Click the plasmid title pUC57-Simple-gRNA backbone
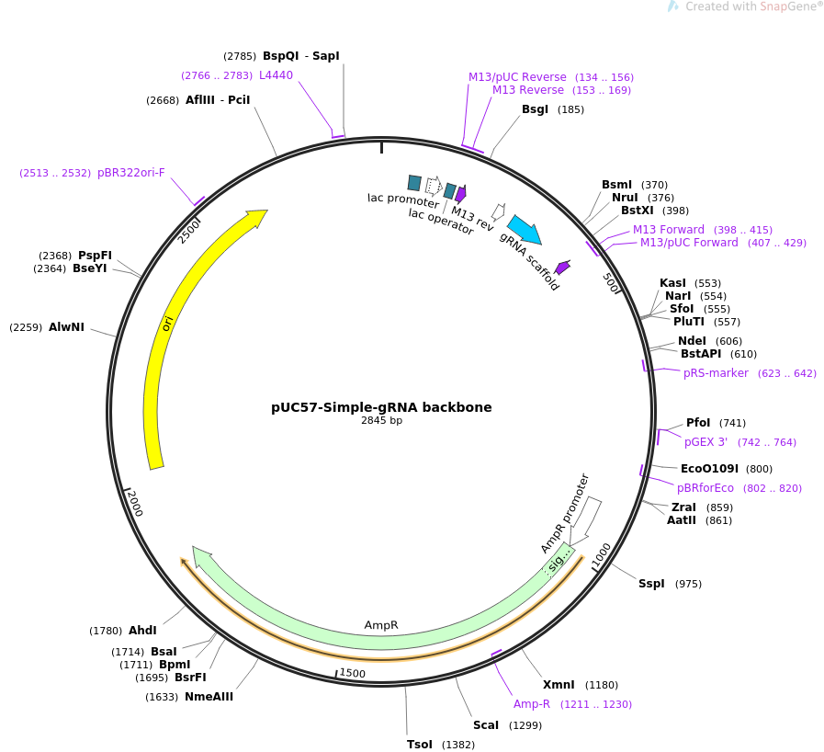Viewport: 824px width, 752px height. pos(381,407)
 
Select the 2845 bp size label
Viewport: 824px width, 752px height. pos(381,420)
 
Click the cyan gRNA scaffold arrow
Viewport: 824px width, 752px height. pos(525,229)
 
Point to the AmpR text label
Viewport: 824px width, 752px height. pos(381,625)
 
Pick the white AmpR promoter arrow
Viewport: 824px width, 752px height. pos(585,520)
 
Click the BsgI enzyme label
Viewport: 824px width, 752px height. pos(535,108)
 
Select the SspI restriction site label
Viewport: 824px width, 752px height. pos(651,583)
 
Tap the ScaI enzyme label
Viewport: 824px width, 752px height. pos(486,725)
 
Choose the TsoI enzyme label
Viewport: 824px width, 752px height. pos(420,745)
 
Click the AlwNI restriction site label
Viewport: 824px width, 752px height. pos(66,327)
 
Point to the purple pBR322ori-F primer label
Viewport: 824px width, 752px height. pos(130,173)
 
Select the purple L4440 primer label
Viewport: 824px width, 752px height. pos(276,75)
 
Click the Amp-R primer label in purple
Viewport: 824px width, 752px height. pos(532,703)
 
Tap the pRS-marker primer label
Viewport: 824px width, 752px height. pos(716,373)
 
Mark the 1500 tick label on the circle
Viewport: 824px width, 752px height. pos(352,673)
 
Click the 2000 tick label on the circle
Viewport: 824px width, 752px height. pos(135,503)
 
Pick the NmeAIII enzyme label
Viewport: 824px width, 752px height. pos(209,697)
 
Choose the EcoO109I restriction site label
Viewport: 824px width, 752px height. pos(709,469)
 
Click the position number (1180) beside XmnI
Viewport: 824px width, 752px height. pos(602,685)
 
